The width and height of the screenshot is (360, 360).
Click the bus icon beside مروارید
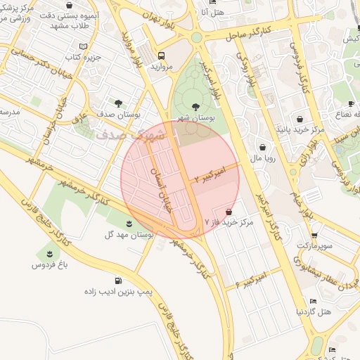tap(162, 56)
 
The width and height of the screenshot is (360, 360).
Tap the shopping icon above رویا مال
tap(263, 148)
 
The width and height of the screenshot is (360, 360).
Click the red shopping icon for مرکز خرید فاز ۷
tap(229, 212)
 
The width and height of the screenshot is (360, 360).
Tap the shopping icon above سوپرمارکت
tap(314, 236)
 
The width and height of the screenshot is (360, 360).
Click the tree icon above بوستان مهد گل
tap(129, 224)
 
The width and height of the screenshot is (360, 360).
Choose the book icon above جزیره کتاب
tap(84, 46)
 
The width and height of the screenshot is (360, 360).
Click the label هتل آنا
tap(211, 12)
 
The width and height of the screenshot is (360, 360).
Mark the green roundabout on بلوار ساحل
tap(196, 37)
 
